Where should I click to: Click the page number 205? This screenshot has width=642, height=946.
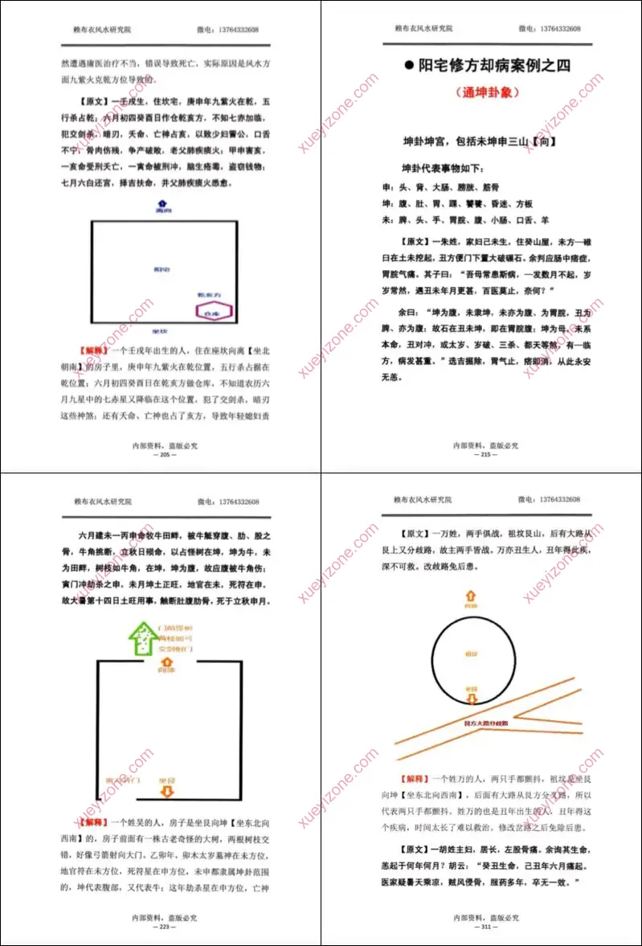tap(164, 454)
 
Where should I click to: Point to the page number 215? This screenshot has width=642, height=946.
tap(485, 454)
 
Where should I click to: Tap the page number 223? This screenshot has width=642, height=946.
tap(164, 927)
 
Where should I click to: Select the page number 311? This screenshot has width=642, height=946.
tap(485, 927)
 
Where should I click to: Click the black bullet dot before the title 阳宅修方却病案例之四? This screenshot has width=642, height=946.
tap(409, 66)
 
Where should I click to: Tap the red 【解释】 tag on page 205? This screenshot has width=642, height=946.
tap(94, 350)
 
